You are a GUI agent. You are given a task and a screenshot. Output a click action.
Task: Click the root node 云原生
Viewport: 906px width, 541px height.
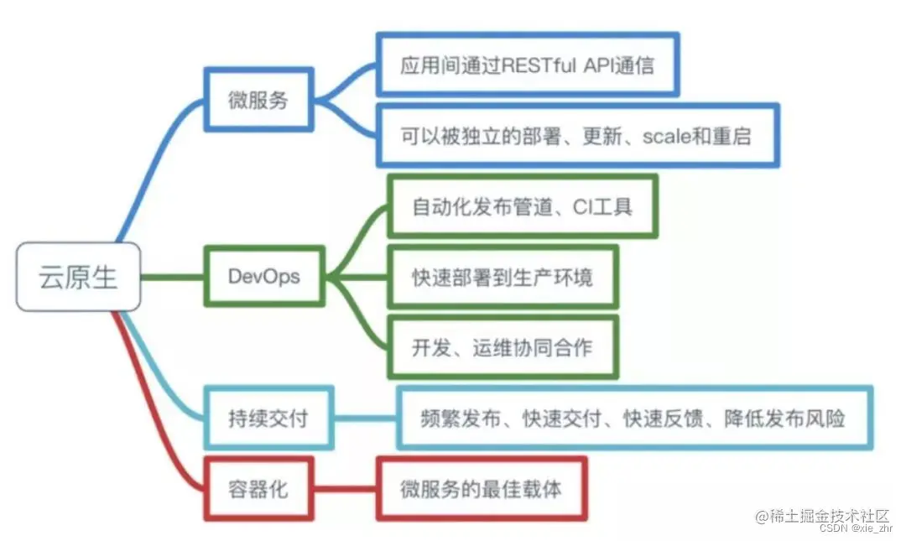tap(78, 277)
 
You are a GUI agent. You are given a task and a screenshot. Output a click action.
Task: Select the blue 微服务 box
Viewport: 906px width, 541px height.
tap(258, 100)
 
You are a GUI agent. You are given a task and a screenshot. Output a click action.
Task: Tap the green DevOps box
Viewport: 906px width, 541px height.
tap(263, 276)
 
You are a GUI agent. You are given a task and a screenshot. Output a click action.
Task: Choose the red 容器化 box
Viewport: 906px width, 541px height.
tap(258, 488)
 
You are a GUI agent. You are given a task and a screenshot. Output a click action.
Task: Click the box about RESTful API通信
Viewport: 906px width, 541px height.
tap(527, 65)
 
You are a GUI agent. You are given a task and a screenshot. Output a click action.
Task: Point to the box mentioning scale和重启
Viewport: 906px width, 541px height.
tap(576, 135)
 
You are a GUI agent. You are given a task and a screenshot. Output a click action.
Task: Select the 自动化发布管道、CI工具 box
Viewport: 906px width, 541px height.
tap(522, 205)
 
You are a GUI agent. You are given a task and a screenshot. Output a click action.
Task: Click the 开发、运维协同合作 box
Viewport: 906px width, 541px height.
tap(502, 346)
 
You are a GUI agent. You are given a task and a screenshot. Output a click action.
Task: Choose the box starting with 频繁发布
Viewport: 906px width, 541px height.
tap(634, 418)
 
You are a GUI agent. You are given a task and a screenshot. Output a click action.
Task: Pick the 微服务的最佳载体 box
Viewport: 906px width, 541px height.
tap(481, 488)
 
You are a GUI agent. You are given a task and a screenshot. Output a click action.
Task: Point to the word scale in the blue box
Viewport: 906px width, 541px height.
tap(666, 136)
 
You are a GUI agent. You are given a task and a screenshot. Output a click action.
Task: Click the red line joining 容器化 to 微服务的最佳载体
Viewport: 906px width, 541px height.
tap(345, 488)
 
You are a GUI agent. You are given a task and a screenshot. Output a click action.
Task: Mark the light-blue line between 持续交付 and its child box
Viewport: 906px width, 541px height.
tap(365, 418)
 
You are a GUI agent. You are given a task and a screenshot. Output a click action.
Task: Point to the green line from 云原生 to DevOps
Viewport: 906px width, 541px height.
tap(172, 276)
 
